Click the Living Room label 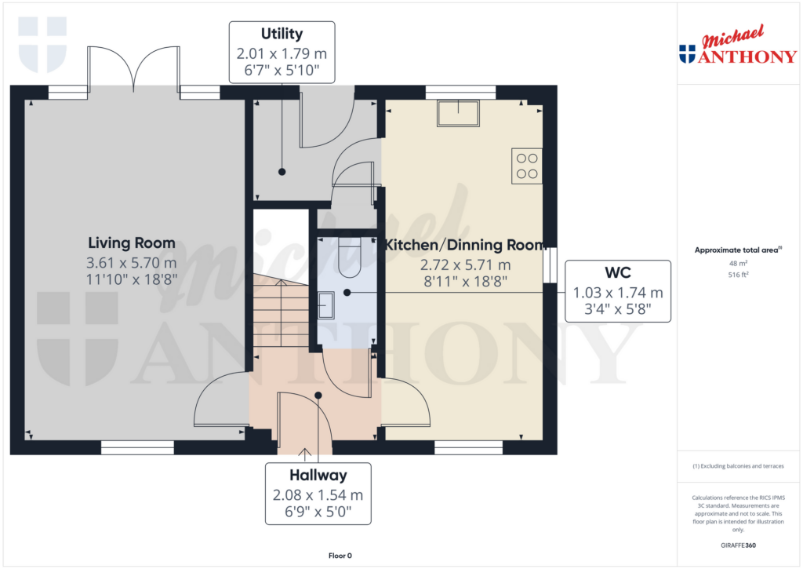132,243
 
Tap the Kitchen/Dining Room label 465,245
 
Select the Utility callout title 282,34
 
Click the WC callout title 618,272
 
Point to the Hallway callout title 318,475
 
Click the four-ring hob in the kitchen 527,166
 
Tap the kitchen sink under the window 458,113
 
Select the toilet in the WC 351,257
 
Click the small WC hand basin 325,305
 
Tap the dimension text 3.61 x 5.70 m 132,263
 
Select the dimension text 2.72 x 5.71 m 465,265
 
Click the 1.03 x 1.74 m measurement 618,293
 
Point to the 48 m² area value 738,263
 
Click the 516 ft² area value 738,275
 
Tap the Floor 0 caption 340,556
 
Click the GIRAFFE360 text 738,545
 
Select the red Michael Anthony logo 738,45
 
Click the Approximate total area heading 738,250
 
